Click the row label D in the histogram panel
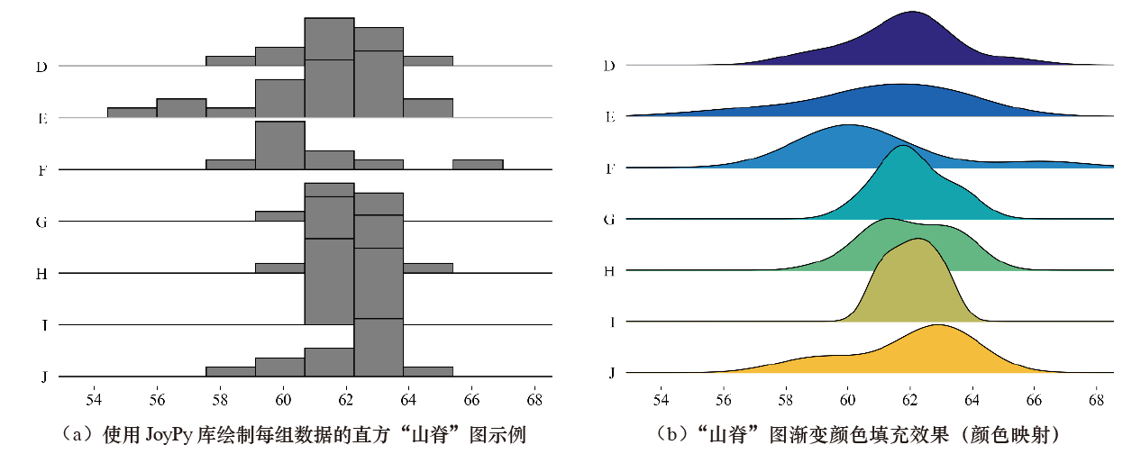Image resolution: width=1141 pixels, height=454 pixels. click(x=41, y=68)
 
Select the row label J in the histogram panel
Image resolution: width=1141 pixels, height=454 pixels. click(x=44, y=377)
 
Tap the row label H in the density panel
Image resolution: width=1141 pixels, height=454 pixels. click(x=609, y=271)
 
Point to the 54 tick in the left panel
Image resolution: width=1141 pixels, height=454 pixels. click(x=94, y=400)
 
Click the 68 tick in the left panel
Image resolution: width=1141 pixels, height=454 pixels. click(x=534, y=400)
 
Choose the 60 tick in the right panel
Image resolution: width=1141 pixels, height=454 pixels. click(x=847, y=400)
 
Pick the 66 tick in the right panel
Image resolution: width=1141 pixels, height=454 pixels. click(x=1034, y=400)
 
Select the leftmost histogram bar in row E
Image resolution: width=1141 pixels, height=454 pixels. click(x=132, y=113)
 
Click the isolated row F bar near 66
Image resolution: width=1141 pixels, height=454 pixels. click(x=478, y=165)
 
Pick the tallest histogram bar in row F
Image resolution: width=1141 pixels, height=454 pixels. click(x=280, y=145)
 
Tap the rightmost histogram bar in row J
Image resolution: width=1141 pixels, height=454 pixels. click(x=428, y=371)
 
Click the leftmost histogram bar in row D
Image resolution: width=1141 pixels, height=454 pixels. click(x=231, y=60)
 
